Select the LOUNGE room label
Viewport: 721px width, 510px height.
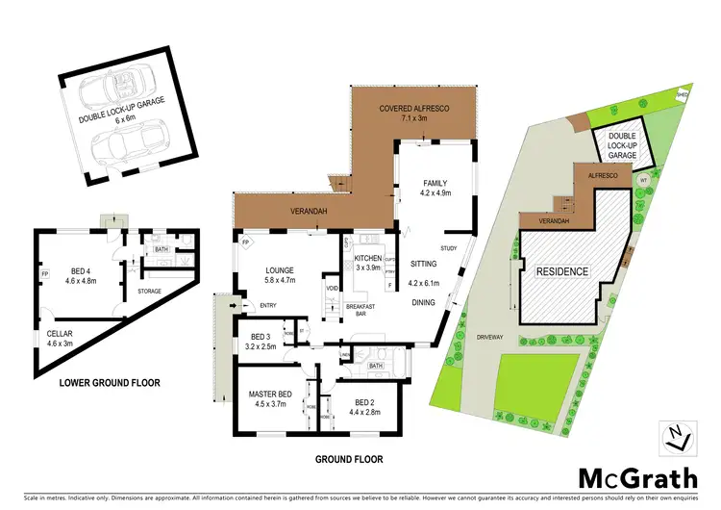coord(281,270)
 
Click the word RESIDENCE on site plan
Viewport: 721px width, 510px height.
coord(562,271)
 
